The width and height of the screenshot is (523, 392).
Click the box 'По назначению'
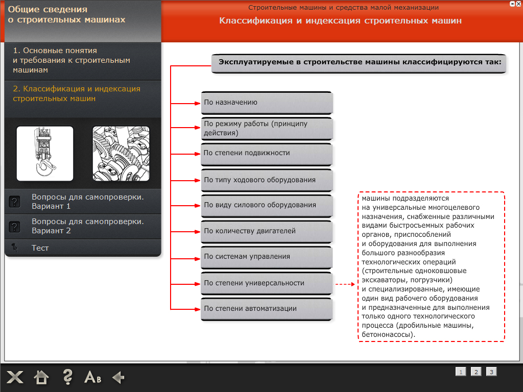[266, 103]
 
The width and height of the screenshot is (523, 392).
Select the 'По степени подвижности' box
[266, 153]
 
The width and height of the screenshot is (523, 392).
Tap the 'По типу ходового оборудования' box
[266, 180]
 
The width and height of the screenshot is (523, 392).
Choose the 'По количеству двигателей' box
[266, 231]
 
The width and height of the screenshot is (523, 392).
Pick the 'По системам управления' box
[266, 257]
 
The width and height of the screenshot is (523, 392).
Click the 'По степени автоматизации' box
[266, 309]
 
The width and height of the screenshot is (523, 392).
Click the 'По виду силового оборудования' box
[266, 205]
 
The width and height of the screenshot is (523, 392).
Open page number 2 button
[476, 372]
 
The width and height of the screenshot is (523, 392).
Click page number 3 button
[491, 372]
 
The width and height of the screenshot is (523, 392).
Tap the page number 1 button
[461, 372]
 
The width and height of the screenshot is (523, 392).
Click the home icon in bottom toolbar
[41, 378]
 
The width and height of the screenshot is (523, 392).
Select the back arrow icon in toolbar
[118, 378]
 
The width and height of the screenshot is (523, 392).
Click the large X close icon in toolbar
[15, 378]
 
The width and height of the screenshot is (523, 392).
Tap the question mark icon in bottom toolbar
[67, 377]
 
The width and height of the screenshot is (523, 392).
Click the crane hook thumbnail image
[45, 154]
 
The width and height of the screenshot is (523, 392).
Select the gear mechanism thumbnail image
[121, 154]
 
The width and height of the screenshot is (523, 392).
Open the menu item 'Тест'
[40, 248]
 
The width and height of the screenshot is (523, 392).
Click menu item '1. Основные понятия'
[72, 60]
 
